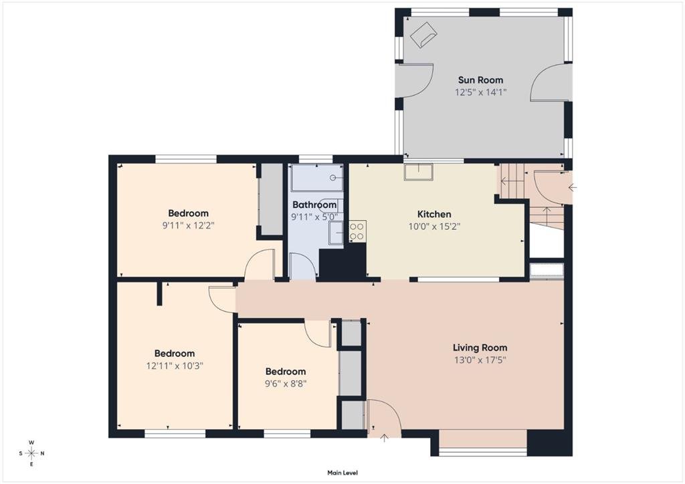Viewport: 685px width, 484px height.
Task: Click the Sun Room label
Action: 480,80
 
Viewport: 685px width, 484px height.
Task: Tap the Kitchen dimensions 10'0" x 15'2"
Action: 434,227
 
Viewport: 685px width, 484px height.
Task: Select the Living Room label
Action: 480,348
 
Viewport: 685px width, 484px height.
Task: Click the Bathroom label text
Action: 314,205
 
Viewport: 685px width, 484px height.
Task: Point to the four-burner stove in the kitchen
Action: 357,231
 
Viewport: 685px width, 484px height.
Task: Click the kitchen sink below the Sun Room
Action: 418,172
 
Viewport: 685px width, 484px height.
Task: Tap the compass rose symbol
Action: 31,453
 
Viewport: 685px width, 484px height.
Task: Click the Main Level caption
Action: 342,473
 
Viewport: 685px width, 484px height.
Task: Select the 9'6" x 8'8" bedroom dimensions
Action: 286,384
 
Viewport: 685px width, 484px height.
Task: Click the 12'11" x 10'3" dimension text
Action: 175,366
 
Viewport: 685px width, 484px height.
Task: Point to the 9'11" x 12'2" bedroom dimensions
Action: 188,226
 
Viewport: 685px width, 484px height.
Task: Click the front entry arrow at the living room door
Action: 384,438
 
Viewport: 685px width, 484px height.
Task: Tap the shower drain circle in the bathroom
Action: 333,178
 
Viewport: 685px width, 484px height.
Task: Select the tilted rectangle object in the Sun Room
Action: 423,34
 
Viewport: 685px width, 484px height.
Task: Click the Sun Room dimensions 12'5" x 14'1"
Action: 480,92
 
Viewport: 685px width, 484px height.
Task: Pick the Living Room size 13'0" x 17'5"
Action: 480,360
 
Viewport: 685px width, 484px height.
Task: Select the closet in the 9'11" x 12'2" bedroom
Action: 272,200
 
